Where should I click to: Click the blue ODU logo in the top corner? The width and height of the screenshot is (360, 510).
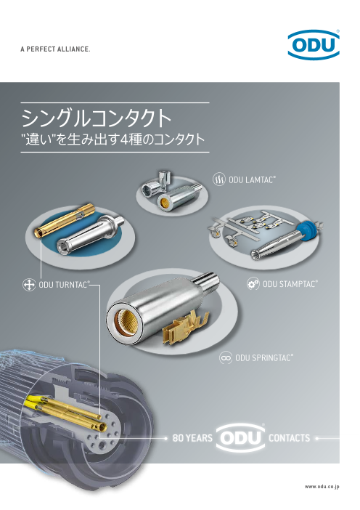(314, 44)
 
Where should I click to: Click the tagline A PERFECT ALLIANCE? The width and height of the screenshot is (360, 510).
(55, 49)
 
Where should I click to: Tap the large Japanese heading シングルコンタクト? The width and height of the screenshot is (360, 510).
(97, 118)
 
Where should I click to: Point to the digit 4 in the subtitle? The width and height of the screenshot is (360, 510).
(125, 139)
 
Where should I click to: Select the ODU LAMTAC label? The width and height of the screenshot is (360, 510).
(252, 179)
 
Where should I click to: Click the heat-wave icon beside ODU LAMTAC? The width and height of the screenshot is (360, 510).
(219, 179)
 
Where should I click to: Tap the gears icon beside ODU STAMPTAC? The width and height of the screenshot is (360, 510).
(253, 284)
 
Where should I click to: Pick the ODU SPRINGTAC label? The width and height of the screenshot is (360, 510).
(263, 357)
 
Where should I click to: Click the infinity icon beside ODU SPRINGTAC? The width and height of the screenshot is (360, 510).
(226, 357)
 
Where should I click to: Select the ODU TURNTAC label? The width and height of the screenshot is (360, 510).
(64, 285)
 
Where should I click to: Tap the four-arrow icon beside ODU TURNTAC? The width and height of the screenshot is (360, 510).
(28, 285)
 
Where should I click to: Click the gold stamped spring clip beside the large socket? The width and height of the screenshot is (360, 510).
(186, 326)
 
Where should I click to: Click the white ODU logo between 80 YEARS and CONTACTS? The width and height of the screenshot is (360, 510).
(241, 438)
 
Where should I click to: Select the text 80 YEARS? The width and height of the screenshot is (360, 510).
(192, 438)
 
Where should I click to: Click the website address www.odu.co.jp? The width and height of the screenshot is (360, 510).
(322, 487)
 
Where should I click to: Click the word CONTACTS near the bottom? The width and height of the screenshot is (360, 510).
(289, 438)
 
